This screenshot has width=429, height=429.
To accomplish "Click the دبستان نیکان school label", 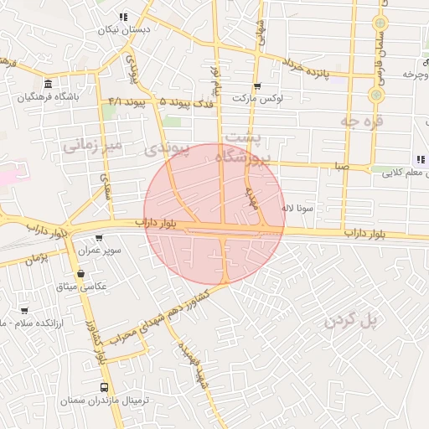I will point(123,30).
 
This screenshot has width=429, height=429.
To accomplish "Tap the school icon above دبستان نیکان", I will point(123,17).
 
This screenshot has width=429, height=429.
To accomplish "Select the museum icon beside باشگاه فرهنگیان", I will point(48,85).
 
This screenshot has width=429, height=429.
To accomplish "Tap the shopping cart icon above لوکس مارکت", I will point(257,85).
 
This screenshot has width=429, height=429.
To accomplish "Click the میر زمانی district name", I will point(93,145).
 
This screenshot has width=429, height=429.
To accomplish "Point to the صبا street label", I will point(339,167).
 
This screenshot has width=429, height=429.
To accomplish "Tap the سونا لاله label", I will point(298,206).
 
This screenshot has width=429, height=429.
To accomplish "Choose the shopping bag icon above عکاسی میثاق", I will point(80,274).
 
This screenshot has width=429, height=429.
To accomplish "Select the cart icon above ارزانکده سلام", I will point(24,310).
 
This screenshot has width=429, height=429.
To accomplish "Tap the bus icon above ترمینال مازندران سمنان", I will point(105,387).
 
